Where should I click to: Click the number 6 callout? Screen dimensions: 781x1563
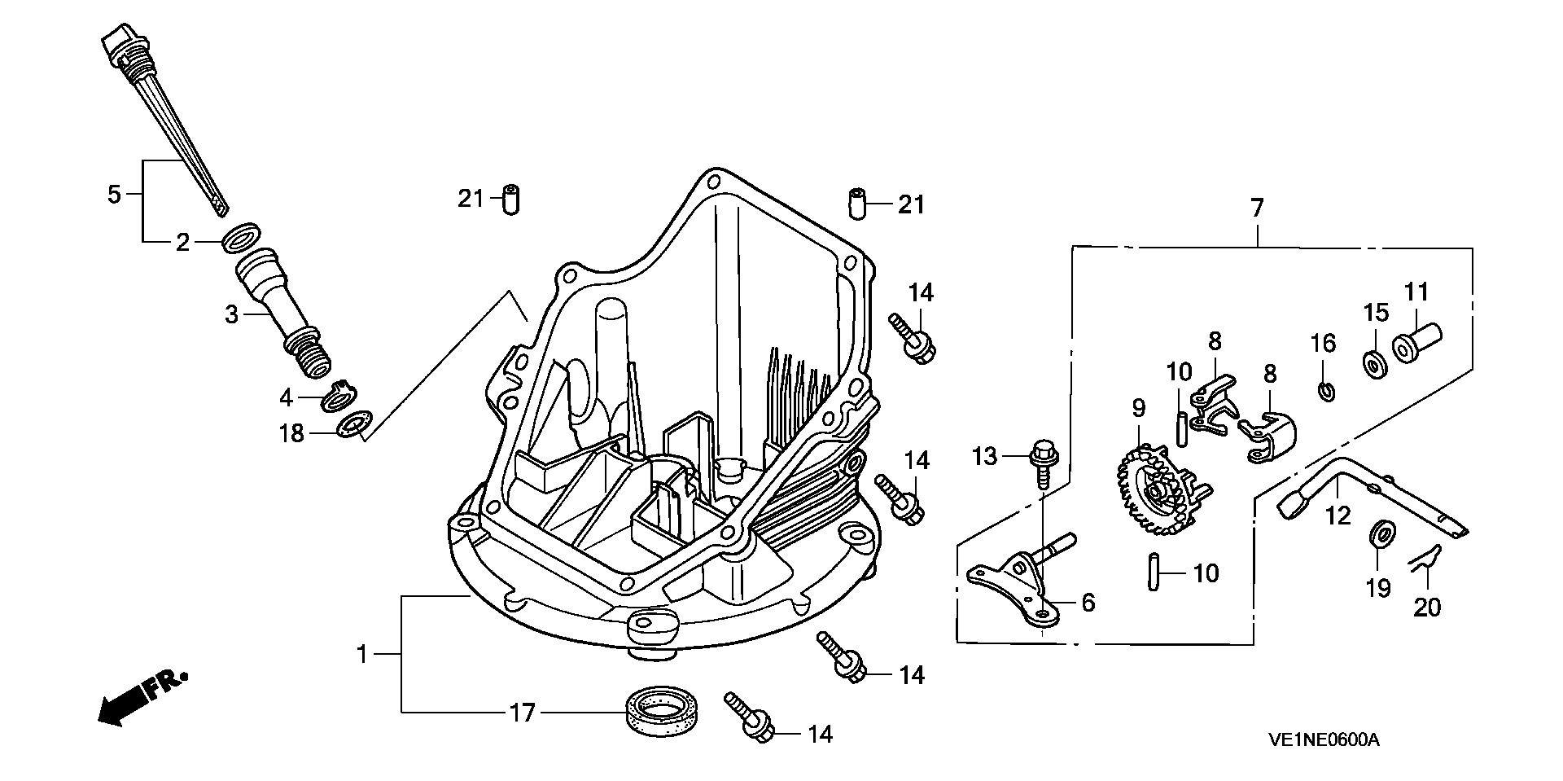click(1088, 603)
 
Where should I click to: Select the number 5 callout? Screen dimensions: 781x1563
click(114, 195)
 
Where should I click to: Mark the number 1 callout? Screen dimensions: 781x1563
click(363, 654)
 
